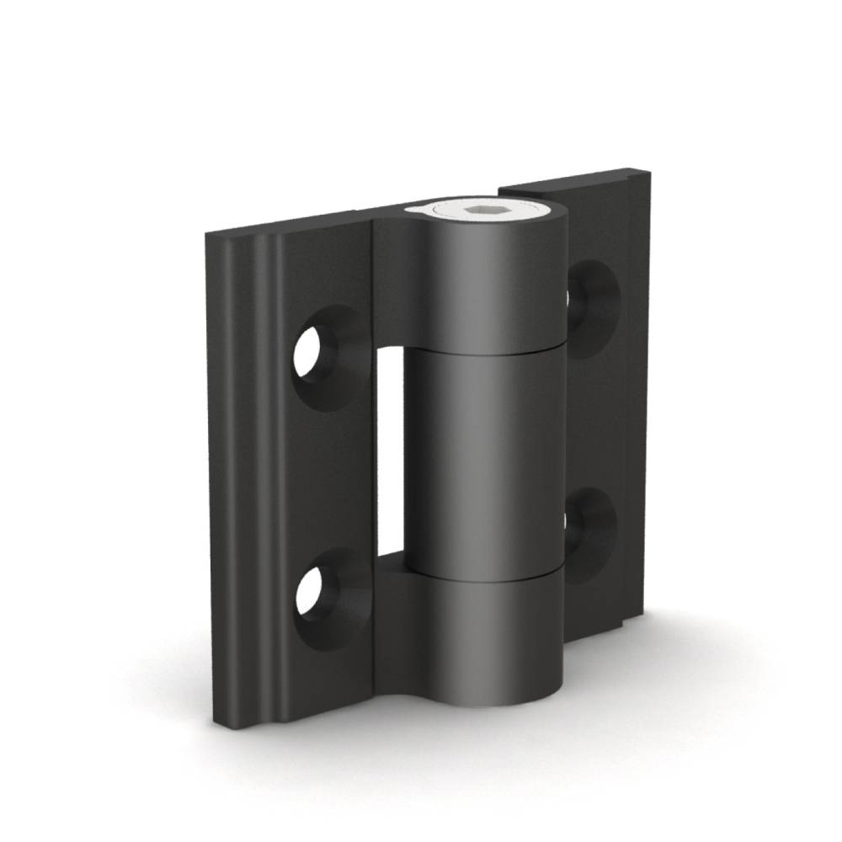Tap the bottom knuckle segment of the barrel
tap(488, 640)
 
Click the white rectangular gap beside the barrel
tap(389, 455)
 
